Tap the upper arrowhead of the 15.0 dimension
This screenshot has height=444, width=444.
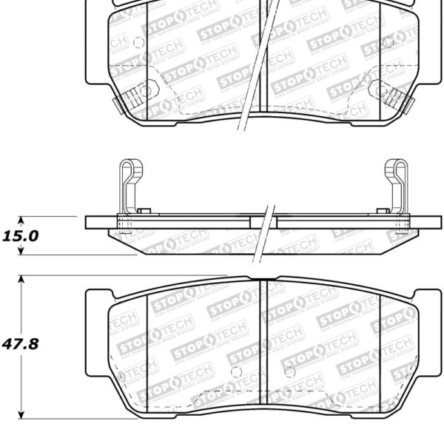[21, 221]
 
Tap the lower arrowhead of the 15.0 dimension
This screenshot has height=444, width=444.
[21, 252]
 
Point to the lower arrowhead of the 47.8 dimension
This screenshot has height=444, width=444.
[21, 413]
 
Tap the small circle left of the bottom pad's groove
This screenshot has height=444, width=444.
[235, 370]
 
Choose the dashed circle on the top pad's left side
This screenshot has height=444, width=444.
[138, 43]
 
